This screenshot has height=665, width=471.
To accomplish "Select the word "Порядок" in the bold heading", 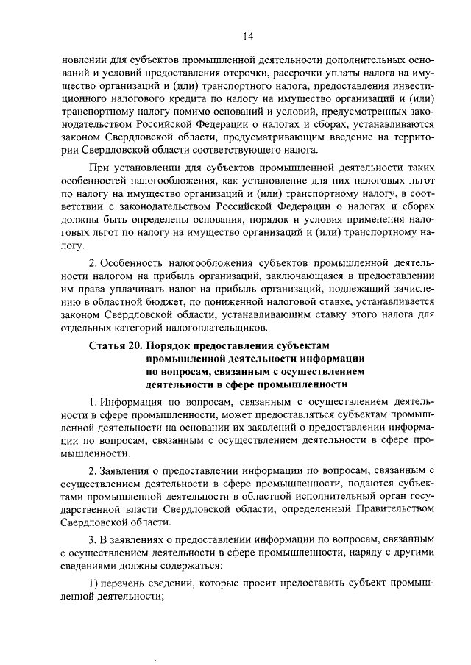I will (x=171, y=345).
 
